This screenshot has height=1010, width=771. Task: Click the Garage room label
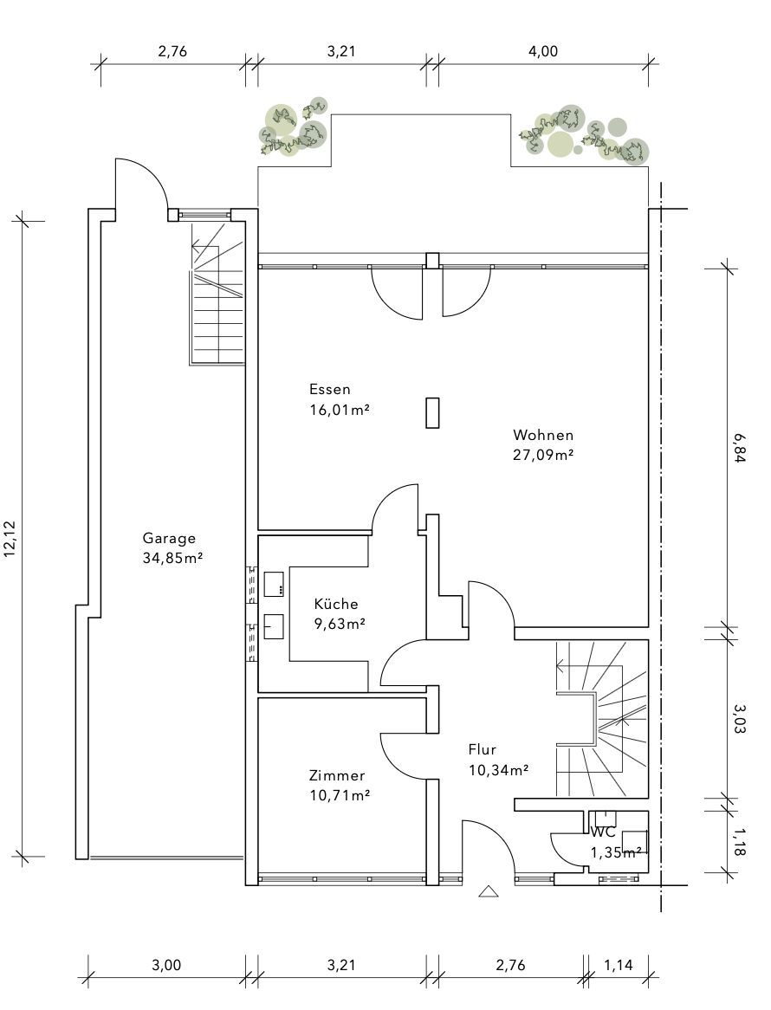pos(169,539)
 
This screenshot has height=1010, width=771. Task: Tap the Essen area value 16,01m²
pos(340,410)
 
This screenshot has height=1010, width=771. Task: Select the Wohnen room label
pos(543,435)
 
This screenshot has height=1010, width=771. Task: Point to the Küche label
pos(335,604)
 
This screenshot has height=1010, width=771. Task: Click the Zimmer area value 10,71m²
pos(340,795)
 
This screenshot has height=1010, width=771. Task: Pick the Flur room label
pos(482,750)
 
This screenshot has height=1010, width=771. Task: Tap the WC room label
pos(603,832)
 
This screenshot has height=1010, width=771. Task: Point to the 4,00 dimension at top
pos(543,51)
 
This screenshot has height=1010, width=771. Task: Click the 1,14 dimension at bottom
pos(618,965)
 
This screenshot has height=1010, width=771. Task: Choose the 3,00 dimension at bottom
pos(166,965)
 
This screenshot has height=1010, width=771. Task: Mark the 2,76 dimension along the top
pos(172,51)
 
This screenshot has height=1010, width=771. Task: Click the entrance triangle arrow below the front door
pos(489,891)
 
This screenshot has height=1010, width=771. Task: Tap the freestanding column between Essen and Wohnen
pos(432,413)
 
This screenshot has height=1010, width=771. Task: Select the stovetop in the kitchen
pos(274,583)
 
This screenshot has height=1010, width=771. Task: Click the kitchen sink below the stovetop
pos(274,627)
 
